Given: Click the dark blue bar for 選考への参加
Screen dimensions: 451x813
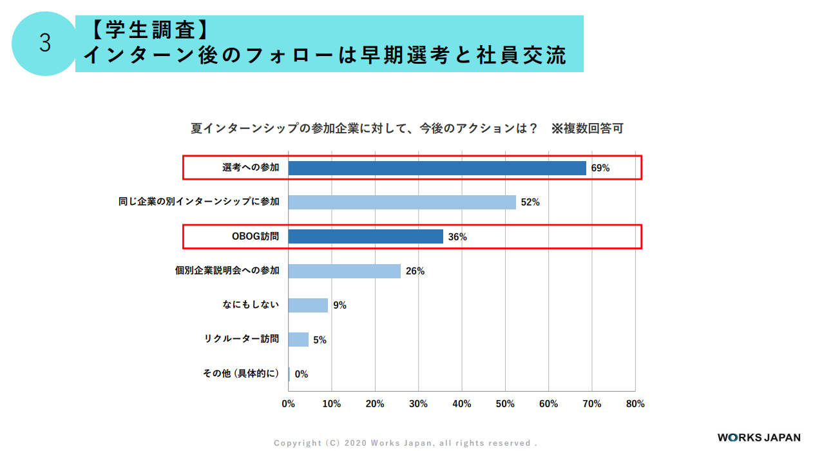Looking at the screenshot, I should pos(437,168).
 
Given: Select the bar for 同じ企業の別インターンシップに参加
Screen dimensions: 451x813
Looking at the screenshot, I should pos(402,202).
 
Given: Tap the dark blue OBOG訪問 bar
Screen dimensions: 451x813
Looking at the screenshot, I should pos(365,236).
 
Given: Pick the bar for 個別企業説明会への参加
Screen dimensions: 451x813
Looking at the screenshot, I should pos(344,271).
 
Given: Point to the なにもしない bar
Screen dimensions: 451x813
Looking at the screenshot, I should pos(308,305).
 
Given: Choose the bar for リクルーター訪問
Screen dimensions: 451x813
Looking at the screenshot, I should pos(298,340).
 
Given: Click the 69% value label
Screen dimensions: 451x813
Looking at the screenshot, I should pos(600,168).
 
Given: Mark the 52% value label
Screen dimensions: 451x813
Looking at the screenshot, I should pos(530,202).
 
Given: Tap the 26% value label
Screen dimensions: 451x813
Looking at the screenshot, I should pos(415,271).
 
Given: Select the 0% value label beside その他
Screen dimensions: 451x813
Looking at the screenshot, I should pos(301,374).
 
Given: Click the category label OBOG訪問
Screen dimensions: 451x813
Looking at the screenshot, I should pos(255,236).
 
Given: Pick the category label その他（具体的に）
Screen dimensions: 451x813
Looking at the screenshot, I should pos(242,374).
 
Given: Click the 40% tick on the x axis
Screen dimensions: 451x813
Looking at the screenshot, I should pos(461,404).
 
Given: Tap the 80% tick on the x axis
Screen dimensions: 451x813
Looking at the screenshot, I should pos(635,404).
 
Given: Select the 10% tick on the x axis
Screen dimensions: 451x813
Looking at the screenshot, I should pos(331,404).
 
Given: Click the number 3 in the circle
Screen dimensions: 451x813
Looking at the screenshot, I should pos(44,44).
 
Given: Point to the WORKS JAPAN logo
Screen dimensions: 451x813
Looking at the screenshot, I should pos(759,437).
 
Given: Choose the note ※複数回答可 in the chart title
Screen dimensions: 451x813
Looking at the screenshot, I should pos(587,128).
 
